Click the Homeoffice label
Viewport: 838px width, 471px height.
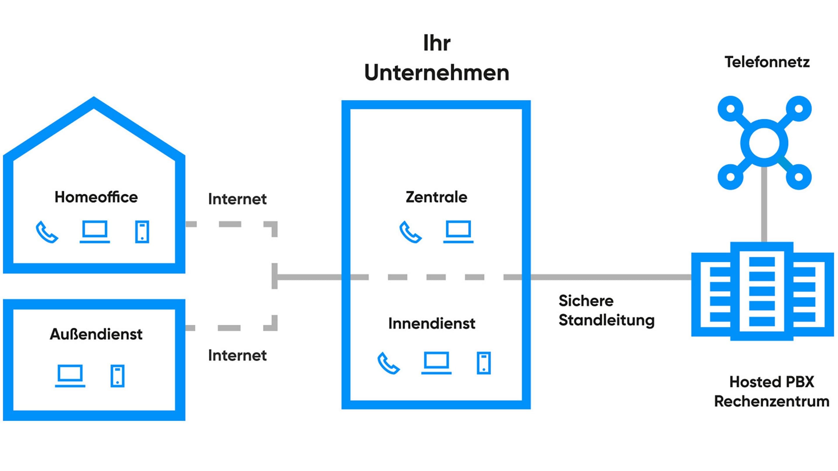(96, 197)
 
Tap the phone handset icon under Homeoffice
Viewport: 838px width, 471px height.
(47, 232)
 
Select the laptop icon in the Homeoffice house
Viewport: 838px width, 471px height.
(95, 231)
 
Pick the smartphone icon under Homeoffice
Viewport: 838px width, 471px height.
(142, 232)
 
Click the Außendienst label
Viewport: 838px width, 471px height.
(96, 334)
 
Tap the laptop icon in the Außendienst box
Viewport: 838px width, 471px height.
(70, 376)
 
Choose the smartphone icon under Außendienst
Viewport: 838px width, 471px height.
(118, 376)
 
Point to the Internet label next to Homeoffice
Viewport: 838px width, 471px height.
(237, 199)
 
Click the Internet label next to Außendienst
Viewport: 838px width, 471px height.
(237, 355)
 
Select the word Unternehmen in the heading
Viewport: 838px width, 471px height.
(436, 72)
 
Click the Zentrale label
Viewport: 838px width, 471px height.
(436, 197)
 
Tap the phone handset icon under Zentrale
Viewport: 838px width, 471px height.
(411, 232)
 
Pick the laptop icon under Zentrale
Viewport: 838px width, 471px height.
(458, 231)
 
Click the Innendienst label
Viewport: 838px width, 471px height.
(432, 323)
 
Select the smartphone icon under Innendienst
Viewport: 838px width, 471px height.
(484, 363)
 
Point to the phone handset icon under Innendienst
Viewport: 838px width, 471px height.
(388, 363)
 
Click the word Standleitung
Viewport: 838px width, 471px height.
(606, 320)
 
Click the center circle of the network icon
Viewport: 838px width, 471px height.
(764, 143)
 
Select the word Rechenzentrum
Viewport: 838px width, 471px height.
(772, 401)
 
